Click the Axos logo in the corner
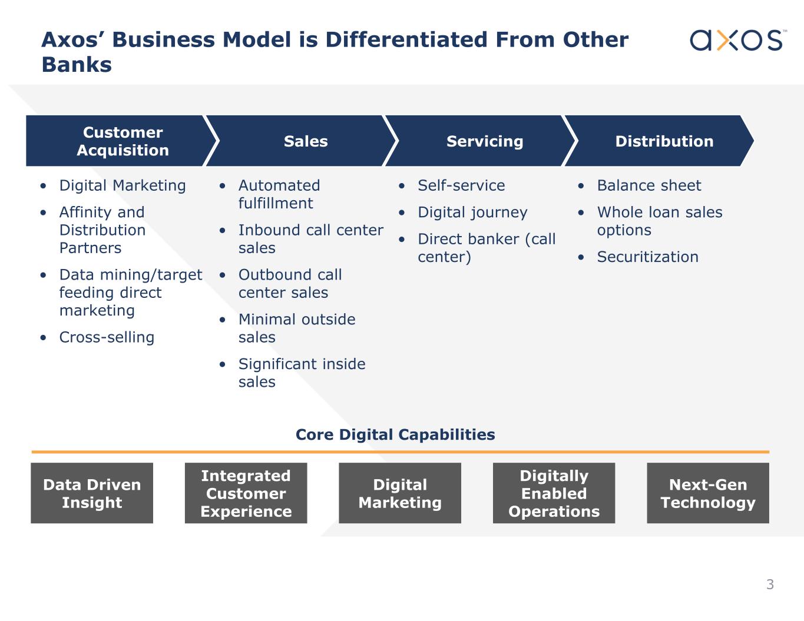[736, 40]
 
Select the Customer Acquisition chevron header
[123, 141]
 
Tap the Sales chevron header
[305, 141]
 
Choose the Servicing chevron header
[484, 141]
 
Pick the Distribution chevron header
[664, 141]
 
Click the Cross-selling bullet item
[107, 337]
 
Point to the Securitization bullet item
[647, 257]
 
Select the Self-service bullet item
[461, 185]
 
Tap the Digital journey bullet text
[472, 212]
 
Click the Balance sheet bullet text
[649, 185]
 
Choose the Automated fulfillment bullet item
[279, 194]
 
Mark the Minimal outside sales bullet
[297, 328]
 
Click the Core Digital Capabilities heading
[395, 434]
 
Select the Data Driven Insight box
[92, 493]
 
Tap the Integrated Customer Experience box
[246, 493]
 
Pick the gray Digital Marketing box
[400, 493]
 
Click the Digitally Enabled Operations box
[554, 493]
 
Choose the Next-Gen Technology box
[708, 493]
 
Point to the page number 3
[770, 585]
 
